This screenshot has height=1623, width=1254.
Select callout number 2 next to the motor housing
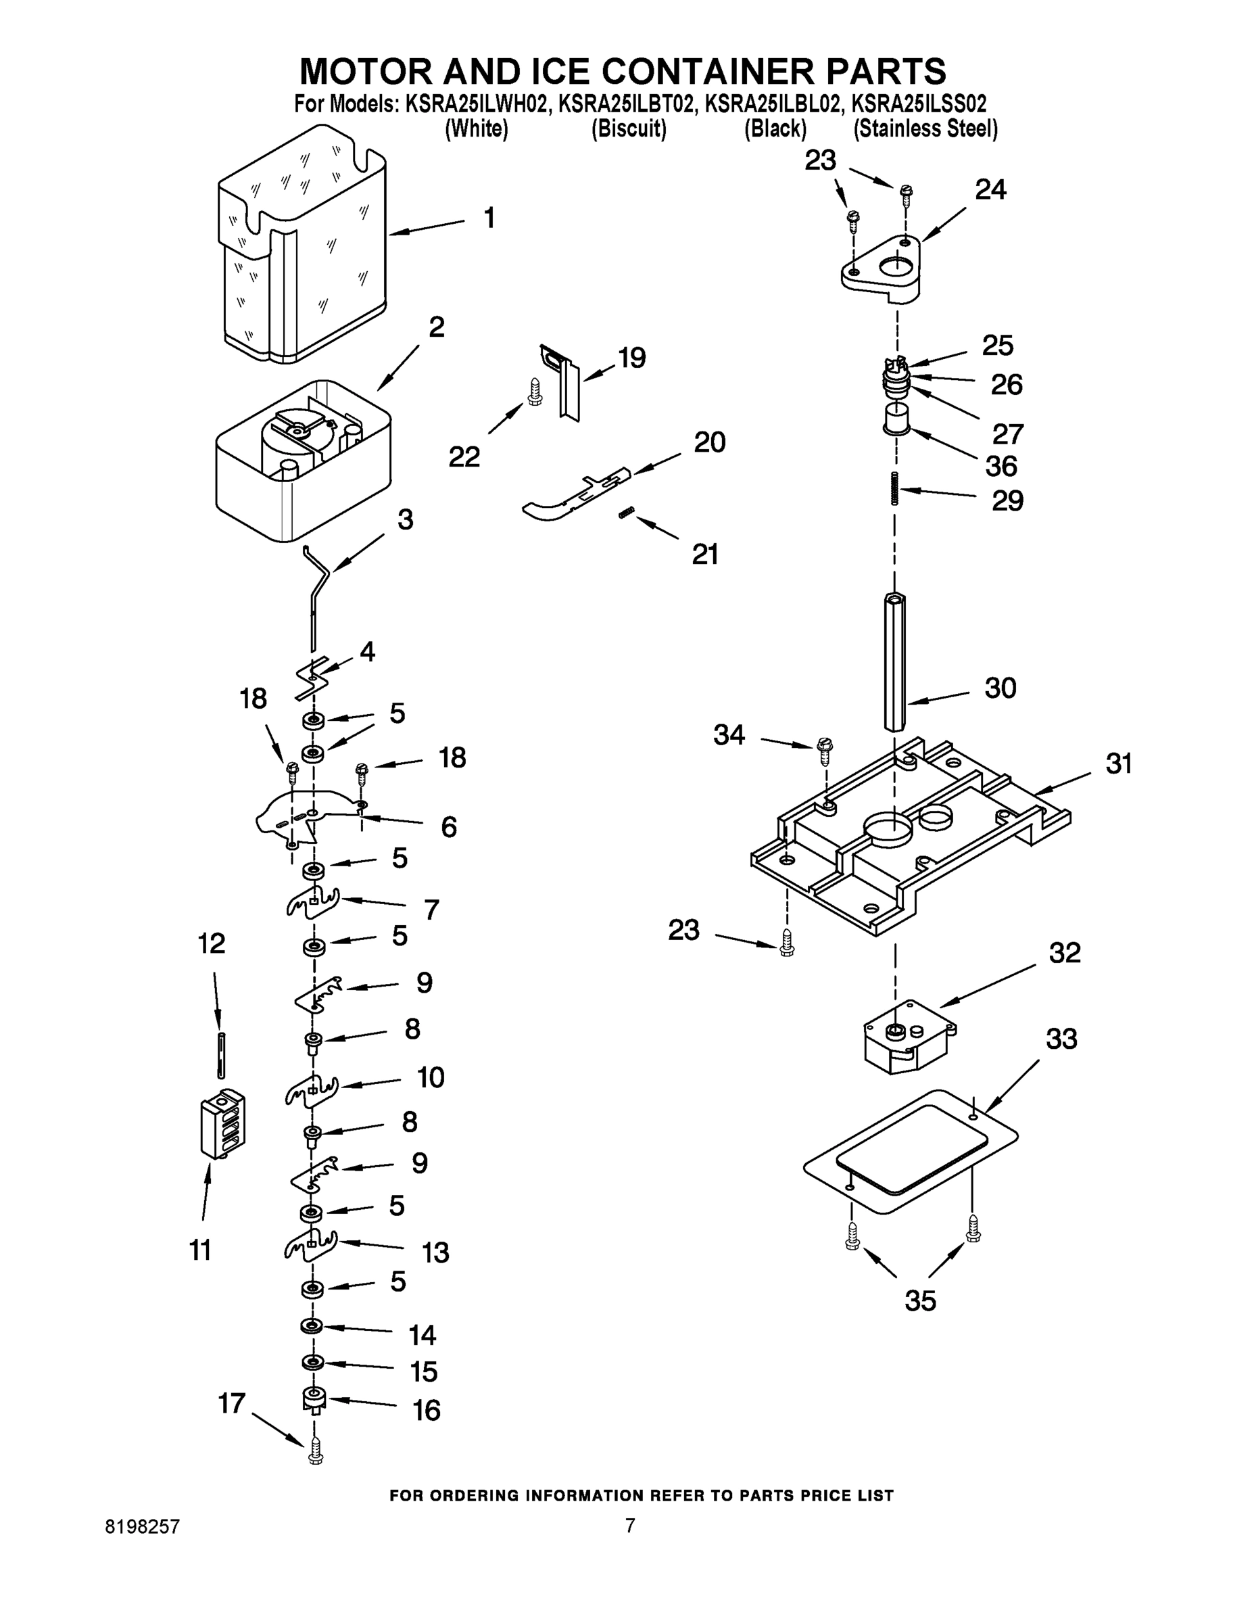pyautogui.click(x=437, y=327)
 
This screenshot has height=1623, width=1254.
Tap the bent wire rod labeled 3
pyautogui.click(x=318, y=587)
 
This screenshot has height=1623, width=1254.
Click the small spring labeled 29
pyautogui.click(x=896, y=488)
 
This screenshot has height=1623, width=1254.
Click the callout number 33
pyautogui.click(x=1061, y=1038)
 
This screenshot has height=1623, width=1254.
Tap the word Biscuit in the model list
pyautogui.click(x=629, y=128)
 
